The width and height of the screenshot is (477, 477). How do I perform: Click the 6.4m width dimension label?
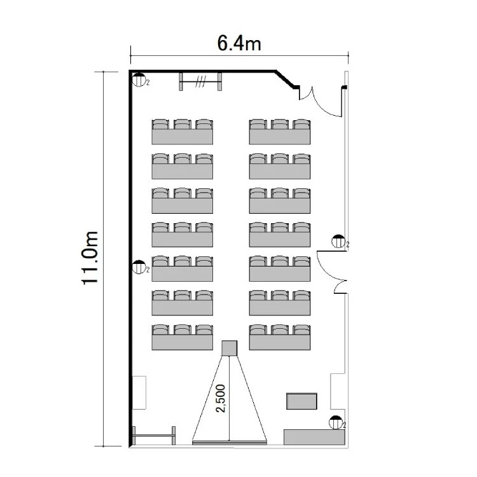[x=239, y=43]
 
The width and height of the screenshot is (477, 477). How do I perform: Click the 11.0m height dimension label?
[x=90, y=258]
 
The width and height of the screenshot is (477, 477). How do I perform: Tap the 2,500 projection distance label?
[x=221, y=399]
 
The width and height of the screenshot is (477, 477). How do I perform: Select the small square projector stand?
[x=230, y=348]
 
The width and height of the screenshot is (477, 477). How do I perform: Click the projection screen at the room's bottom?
[x=230, y=442]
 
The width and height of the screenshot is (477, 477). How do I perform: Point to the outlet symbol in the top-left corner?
[x=139, y=79]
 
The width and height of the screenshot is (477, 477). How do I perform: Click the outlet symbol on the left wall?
[x=139, y=266]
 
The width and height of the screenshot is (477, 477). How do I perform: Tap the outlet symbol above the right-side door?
[x=338, y=241]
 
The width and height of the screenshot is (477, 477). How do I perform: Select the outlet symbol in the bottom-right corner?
[x=336, y=422]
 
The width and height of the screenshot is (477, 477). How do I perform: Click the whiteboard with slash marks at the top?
[x=200, y=81]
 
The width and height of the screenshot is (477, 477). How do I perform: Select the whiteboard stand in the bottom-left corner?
[x=154, y=436]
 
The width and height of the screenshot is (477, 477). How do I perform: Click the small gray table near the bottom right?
[x=301, y=401]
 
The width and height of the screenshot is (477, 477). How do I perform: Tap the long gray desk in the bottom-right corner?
[x=314, y=437]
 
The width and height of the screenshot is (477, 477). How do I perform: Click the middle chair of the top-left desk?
[x=183, y=124]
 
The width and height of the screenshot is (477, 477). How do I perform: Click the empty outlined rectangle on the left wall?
[x=139, y=392]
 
